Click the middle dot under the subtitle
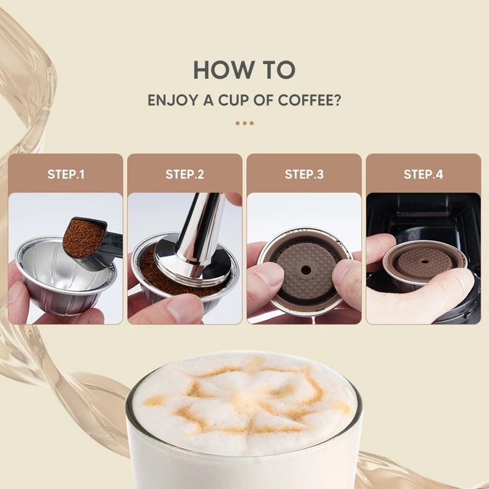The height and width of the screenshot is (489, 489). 244,123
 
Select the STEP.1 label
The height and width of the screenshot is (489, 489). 66,174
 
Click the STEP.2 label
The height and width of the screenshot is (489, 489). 185,174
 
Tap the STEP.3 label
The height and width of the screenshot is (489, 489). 304,174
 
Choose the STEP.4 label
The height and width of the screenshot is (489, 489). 423,174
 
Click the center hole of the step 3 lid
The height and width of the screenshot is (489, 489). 304,269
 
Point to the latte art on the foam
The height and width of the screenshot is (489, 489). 244,397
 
